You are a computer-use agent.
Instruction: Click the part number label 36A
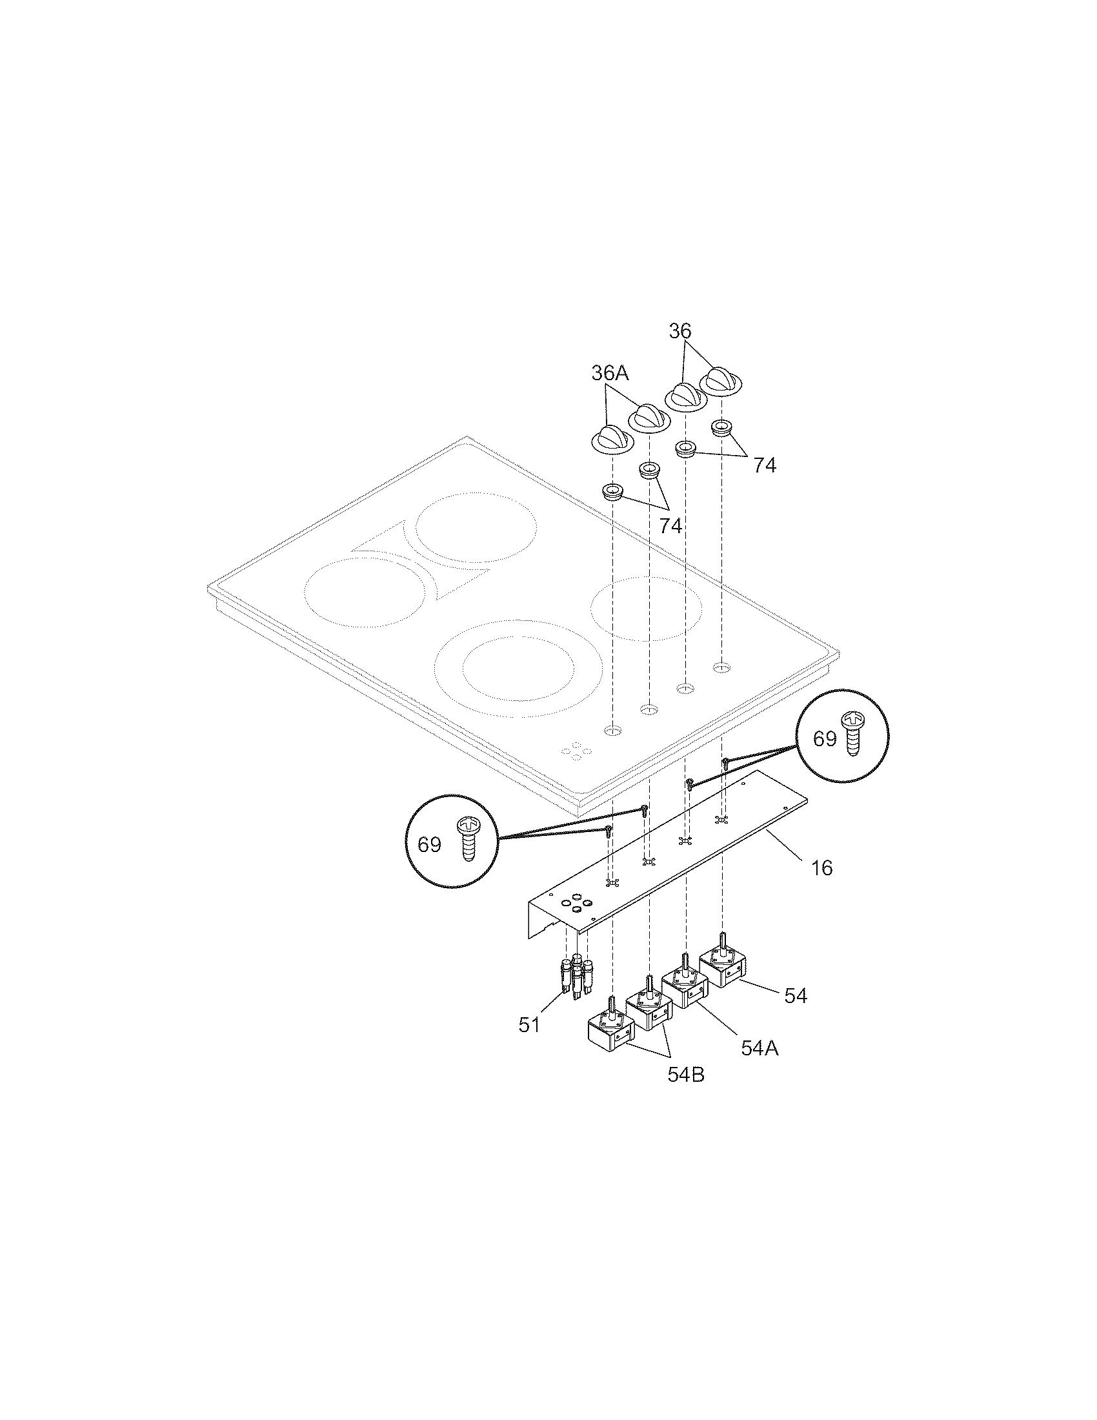pos(610,373)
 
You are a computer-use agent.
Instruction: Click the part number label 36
pos(679,331)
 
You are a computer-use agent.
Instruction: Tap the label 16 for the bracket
pos(822,868)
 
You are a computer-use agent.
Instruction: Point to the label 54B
pos(685,1075)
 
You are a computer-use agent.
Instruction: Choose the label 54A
pos(760,1048)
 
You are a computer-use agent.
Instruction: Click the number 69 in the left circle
pos(429,845)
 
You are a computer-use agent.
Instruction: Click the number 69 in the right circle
pos(825,739)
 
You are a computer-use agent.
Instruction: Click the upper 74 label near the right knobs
pos(764,465)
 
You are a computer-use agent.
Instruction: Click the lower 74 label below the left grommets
pos(670,526)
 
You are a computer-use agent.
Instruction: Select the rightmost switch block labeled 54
pos(722,969)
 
